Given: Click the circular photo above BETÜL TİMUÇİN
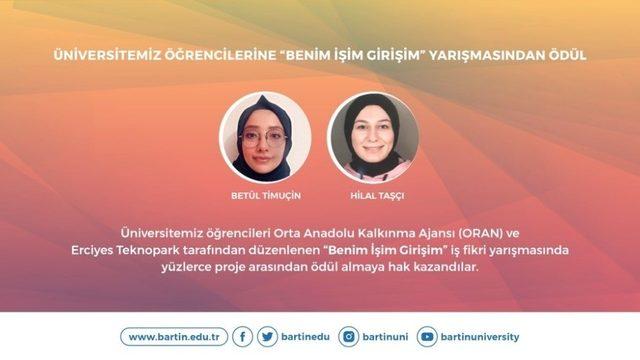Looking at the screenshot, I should [x=265, y=136].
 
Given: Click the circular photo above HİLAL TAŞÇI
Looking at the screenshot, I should [x=373, y=136].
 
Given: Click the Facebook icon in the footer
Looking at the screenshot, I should [x=243, y=337].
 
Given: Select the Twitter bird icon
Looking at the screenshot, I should [x=267, y=337].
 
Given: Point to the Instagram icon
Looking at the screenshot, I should [x=349, y=337].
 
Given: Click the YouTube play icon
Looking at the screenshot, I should [x=428, y=337].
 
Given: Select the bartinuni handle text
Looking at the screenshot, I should [x=384, y=337].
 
